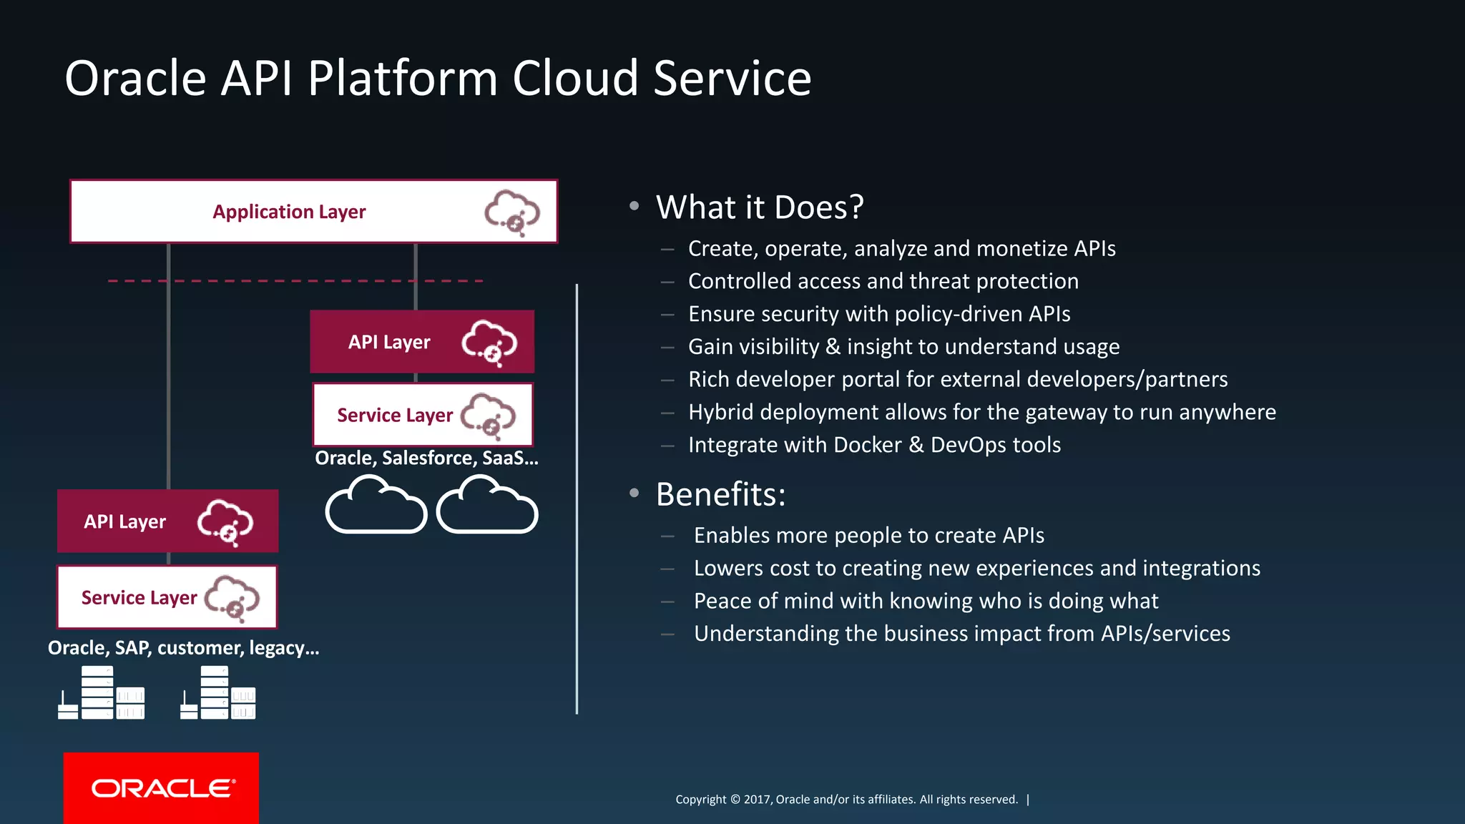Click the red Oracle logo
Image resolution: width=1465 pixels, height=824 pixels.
161,788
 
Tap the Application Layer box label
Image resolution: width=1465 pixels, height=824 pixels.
289,212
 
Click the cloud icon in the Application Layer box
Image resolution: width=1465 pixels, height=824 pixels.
512,212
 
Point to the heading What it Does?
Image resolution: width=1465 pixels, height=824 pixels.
760,207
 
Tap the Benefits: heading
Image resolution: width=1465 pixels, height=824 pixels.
720,494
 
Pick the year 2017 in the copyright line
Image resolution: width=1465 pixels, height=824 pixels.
757,800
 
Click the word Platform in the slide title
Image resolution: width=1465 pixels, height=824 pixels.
402,78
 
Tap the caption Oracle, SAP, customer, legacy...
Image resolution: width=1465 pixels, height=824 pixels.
183,648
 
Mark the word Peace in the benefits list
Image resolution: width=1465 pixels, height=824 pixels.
722,601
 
